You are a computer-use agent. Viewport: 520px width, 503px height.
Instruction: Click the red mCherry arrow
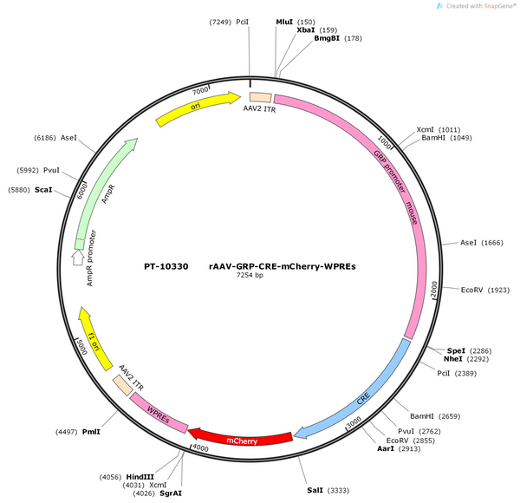(241, 439)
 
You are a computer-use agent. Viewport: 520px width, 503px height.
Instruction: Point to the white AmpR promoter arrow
(78, 258)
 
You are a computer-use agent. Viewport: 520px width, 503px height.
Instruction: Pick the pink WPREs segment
(159, 413)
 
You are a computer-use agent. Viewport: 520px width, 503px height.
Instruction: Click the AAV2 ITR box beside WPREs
(123, 385)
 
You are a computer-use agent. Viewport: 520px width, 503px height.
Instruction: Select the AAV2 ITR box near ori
(260, 97)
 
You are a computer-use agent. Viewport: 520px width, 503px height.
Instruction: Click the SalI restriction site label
(315, 490)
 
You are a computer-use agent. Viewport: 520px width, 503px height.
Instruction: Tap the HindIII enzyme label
(140, 477)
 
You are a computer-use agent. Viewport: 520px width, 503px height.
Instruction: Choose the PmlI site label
(91, 432)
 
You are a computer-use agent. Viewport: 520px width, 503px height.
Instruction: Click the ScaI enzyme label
(43, 190)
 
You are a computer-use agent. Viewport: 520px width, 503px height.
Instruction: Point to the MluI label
(284, 22)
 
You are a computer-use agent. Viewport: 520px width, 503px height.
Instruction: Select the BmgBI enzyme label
(327, 38)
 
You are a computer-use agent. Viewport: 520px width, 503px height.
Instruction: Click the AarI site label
(386, 448)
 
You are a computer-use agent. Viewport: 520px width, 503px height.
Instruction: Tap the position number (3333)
(338, 490)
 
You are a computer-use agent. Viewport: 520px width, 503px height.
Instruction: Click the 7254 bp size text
(250, 275)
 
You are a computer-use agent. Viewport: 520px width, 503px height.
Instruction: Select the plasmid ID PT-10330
(166, 266)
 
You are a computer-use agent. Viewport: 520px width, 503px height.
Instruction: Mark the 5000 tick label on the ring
(81, 346)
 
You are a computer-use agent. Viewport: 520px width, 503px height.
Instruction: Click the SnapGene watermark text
(481, 6)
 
